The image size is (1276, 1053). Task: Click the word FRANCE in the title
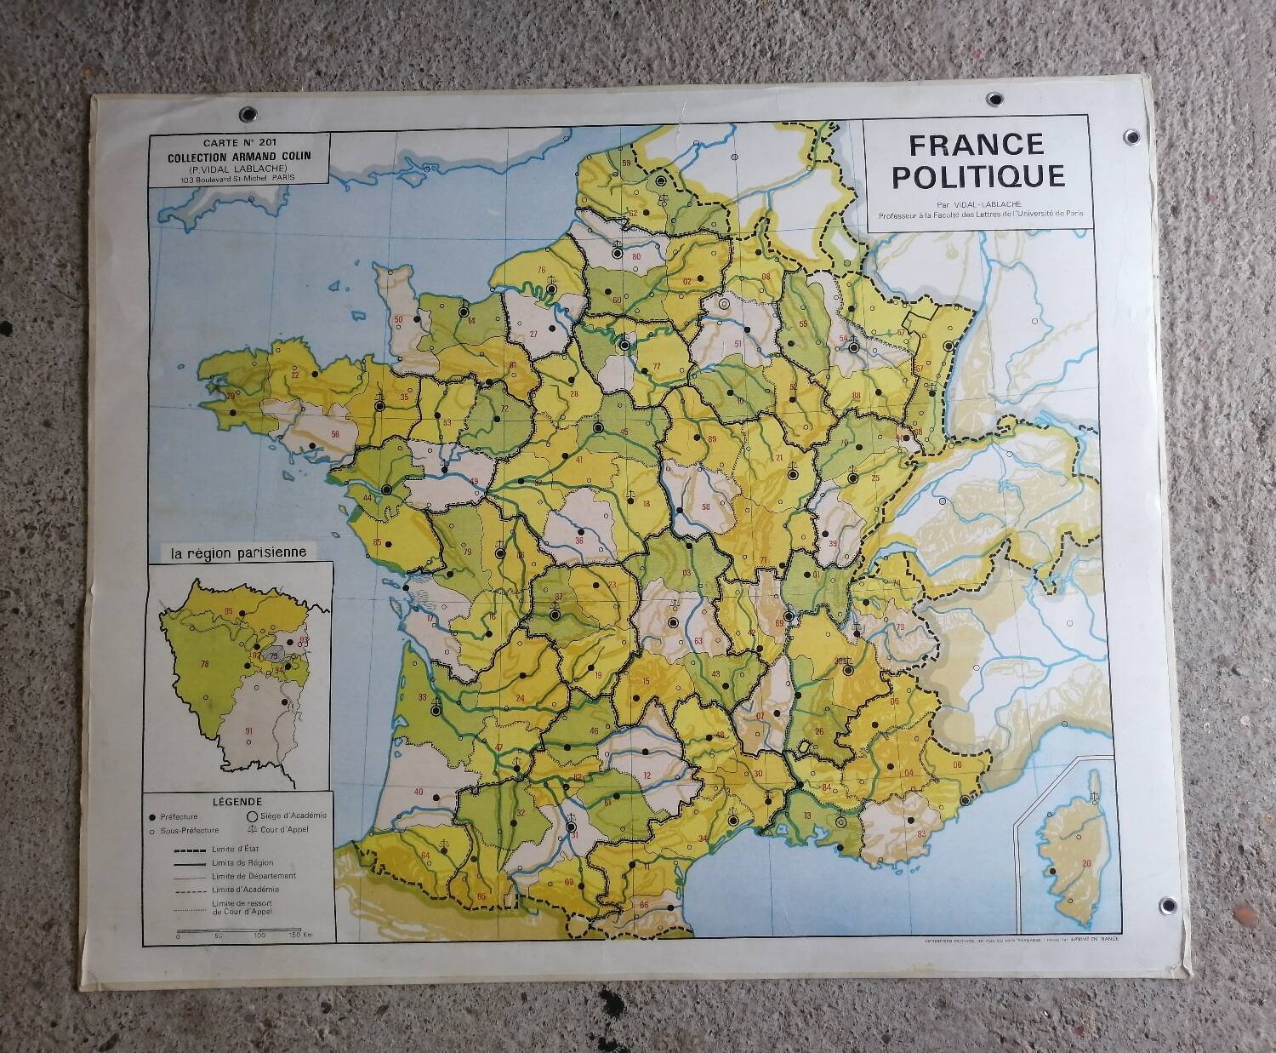[976, 145]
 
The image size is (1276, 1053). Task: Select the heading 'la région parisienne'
[238, 551]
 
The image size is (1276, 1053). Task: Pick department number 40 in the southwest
[419, 792]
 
